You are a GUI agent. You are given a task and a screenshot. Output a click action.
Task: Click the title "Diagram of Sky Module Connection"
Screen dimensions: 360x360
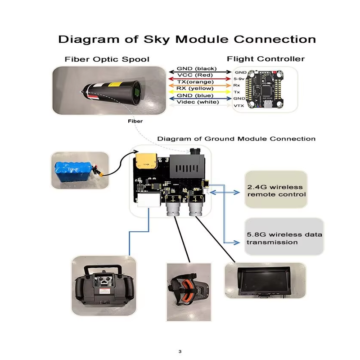(187, 39)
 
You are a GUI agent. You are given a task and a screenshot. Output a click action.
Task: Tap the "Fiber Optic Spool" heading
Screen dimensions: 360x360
(107, 59)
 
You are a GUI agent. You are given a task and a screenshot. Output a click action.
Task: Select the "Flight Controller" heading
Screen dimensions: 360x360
(265, 59)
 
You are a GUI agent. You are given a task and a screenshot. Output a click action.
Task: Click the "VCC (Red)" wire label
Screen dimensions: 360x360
(195, 75)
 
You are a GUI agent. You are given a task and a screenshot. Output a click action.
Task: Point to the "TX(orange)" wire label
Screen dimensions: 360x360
(195, 82)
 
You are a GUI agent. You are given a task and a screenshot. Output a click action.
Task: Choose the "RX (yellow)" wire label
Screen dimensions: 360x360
(195, 88)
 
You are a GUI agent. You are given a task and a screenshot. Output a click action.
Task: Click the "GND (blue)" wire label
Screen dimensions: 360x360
(195, 95)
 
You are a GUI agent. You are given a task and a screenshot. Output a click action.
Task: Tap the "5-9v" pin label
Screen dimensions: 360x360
(239, 79)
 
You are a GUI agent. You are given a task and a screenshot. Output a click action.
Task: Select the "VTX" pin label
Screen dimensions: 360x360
(239, 106)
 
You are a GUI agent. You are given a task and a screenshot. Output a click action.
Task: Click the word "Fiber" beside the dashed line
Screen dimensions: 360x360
(135, 121)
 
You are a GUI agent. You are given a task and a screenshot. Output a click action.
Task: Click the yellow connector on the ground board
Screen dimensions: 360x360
(147, 161)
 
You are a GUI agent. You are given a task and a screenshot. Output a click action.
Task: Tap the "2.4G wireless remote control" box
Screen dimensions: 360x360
(276, 189)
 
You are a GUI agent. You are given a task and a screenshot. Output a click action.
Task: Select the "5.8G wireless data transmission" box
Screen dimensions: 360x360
(284, 237)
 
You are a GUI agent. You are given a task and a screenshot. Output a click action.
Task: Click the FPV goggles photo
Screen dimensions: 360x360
(189, 292)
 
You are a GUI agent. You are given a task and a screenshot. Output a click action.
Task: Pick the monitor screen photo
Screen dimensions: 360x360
(265, 281)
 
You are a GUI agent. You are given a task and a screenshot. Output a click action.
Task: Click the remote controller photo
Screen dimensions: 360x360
(104, 286)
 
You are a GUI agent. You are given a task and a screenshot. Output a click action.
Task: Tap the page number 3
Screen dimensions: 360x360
(180, 351)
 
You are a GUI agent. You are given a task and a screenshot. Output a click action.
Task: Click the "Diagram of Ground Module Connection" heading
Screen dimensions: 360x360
(236, 139)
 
